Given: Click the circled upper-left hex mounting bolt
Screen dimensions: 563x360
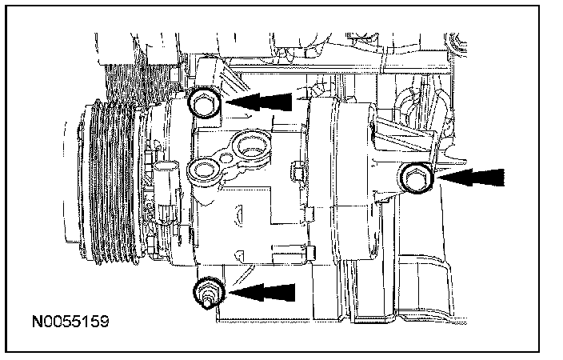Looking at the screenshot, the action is (x=204, y=102).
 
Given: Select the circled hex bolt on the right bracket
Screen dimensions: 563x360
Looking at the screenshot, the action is (x=416, y=178).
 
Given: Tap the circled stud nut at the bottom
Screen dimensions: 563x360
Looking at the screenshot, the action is (x=209, y=292).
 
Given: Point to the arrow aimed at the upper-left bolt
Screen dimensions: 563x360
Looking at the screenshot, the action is (x=259, y=102).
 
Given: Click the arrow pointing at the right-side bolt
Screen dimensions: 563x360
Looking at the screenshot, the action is (x=469, y=178).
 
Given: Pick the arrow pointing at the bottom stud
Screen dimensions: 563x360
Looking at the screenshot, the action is (x=262, y=293).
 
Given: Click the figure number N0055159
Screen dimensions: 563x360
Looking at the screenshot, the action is (x=70, y=322).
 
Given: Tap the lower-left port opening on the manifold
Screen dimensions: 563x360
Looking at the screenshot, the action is (x=204, y=170).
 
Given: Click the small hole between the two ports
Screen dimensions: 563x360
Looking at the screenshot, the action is (x=226, y=158).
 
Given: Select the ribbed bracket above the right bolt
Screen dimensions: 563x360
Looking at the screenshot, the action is (x=405, y=134).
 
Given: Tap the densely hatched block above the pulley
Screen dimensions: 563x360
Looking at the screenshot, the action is (x=140, y=82).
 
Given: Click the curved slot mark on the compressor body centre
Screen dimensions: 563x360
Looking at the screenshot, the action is (x=238, y=215).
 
